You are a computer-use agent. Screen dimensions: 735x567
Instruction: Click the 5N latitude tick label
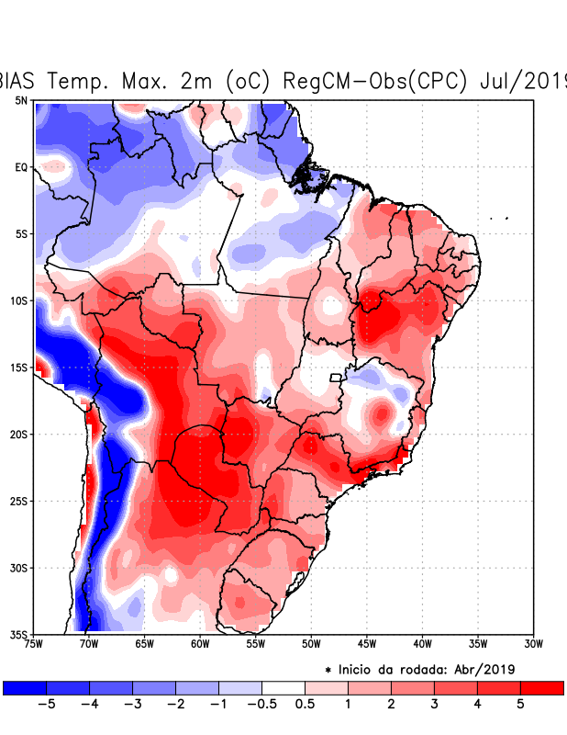(21, 100)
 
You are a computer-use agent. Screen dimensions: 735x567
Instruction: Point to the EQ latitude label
(21, 167)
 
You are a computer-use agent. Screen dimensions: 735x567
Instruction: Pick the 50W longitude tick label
(310, 644)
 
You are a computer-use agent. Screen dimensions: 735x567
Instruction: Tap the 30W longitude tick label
(533, 644)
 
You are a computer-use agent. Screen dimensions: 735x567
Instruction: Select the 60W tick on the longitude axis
(199, 644)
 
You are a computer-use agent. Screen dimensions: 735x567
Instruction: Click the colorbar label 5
(520, 705)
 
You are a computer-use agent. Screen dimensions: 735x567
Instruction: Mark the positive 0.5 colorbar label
(305, 705)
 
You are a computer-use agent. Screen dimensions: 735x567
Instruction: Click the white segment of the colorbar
(283, 687)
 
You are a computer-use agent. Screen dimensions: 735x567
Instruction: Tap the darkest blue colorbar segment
(25, 687)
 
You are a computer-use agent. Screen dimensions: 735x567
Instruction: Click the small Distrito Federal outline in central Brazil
(336, 377)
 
